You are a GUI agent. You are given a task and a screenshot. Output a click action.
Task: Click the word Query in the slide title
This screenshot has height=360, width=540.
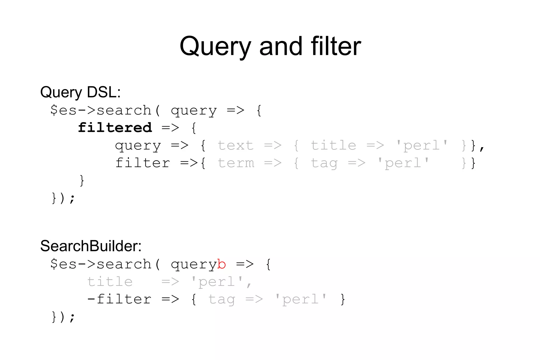pos(215,47)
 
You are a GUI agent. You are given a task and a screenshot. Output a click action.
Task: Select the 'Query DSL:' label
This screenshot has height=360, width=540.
pos(80,92)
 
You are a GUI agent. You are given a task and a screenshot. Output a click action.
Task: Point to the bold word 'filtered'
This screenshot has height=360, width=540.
pos(115,128)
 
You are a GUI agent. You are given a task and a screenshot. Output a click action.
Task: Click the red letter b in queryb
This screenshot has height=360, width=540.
pos(221,264)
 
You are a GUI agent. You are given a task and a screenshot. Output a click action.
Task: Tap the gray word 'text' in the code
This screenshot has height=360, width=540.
pos(235,145)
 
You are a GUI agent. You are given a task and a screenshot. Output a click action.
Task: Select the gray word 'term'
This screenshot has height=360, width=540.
pos(236,163)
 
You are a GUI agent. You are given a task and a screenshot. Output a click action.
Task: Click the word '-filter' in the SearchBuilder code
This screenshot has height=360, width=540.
pos(119,299)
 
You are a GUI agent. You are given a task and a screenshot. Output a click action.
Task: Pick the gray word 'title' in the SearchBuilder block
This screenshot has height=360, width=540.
pos(110,282)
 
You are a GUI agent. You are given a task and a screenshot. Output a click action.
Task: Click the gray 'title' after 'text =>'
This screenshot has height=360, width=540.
pos(333,145)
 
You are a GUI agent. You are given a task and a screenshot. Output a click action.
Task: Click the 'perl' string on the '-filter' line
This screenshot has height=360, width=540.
pos(301,300)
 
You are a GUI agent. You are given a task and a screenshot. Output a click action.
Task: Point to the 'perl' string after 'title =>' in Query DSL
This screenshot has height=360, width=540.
pos(422,146)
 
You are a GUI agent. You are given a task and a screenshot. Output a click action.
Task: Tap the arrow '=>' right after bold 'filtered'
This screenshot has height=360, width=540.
pos(170,128)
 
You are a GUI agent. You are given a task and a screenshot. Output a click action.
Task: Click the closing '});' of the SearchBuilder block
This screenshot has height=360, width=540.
pos(63,317)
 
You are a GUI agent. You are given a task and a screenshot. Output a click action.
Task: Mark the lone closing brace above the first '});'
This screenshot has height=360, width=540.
pos(82,181)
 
